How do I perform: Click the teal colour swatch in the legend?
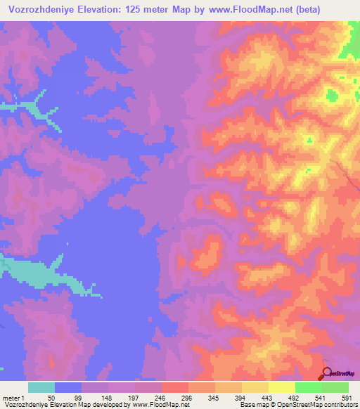tap(41, 387)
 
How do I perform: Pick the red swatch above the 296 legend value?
tap(175, 387)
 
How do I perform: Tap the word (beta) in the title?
tap(340, 10)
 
